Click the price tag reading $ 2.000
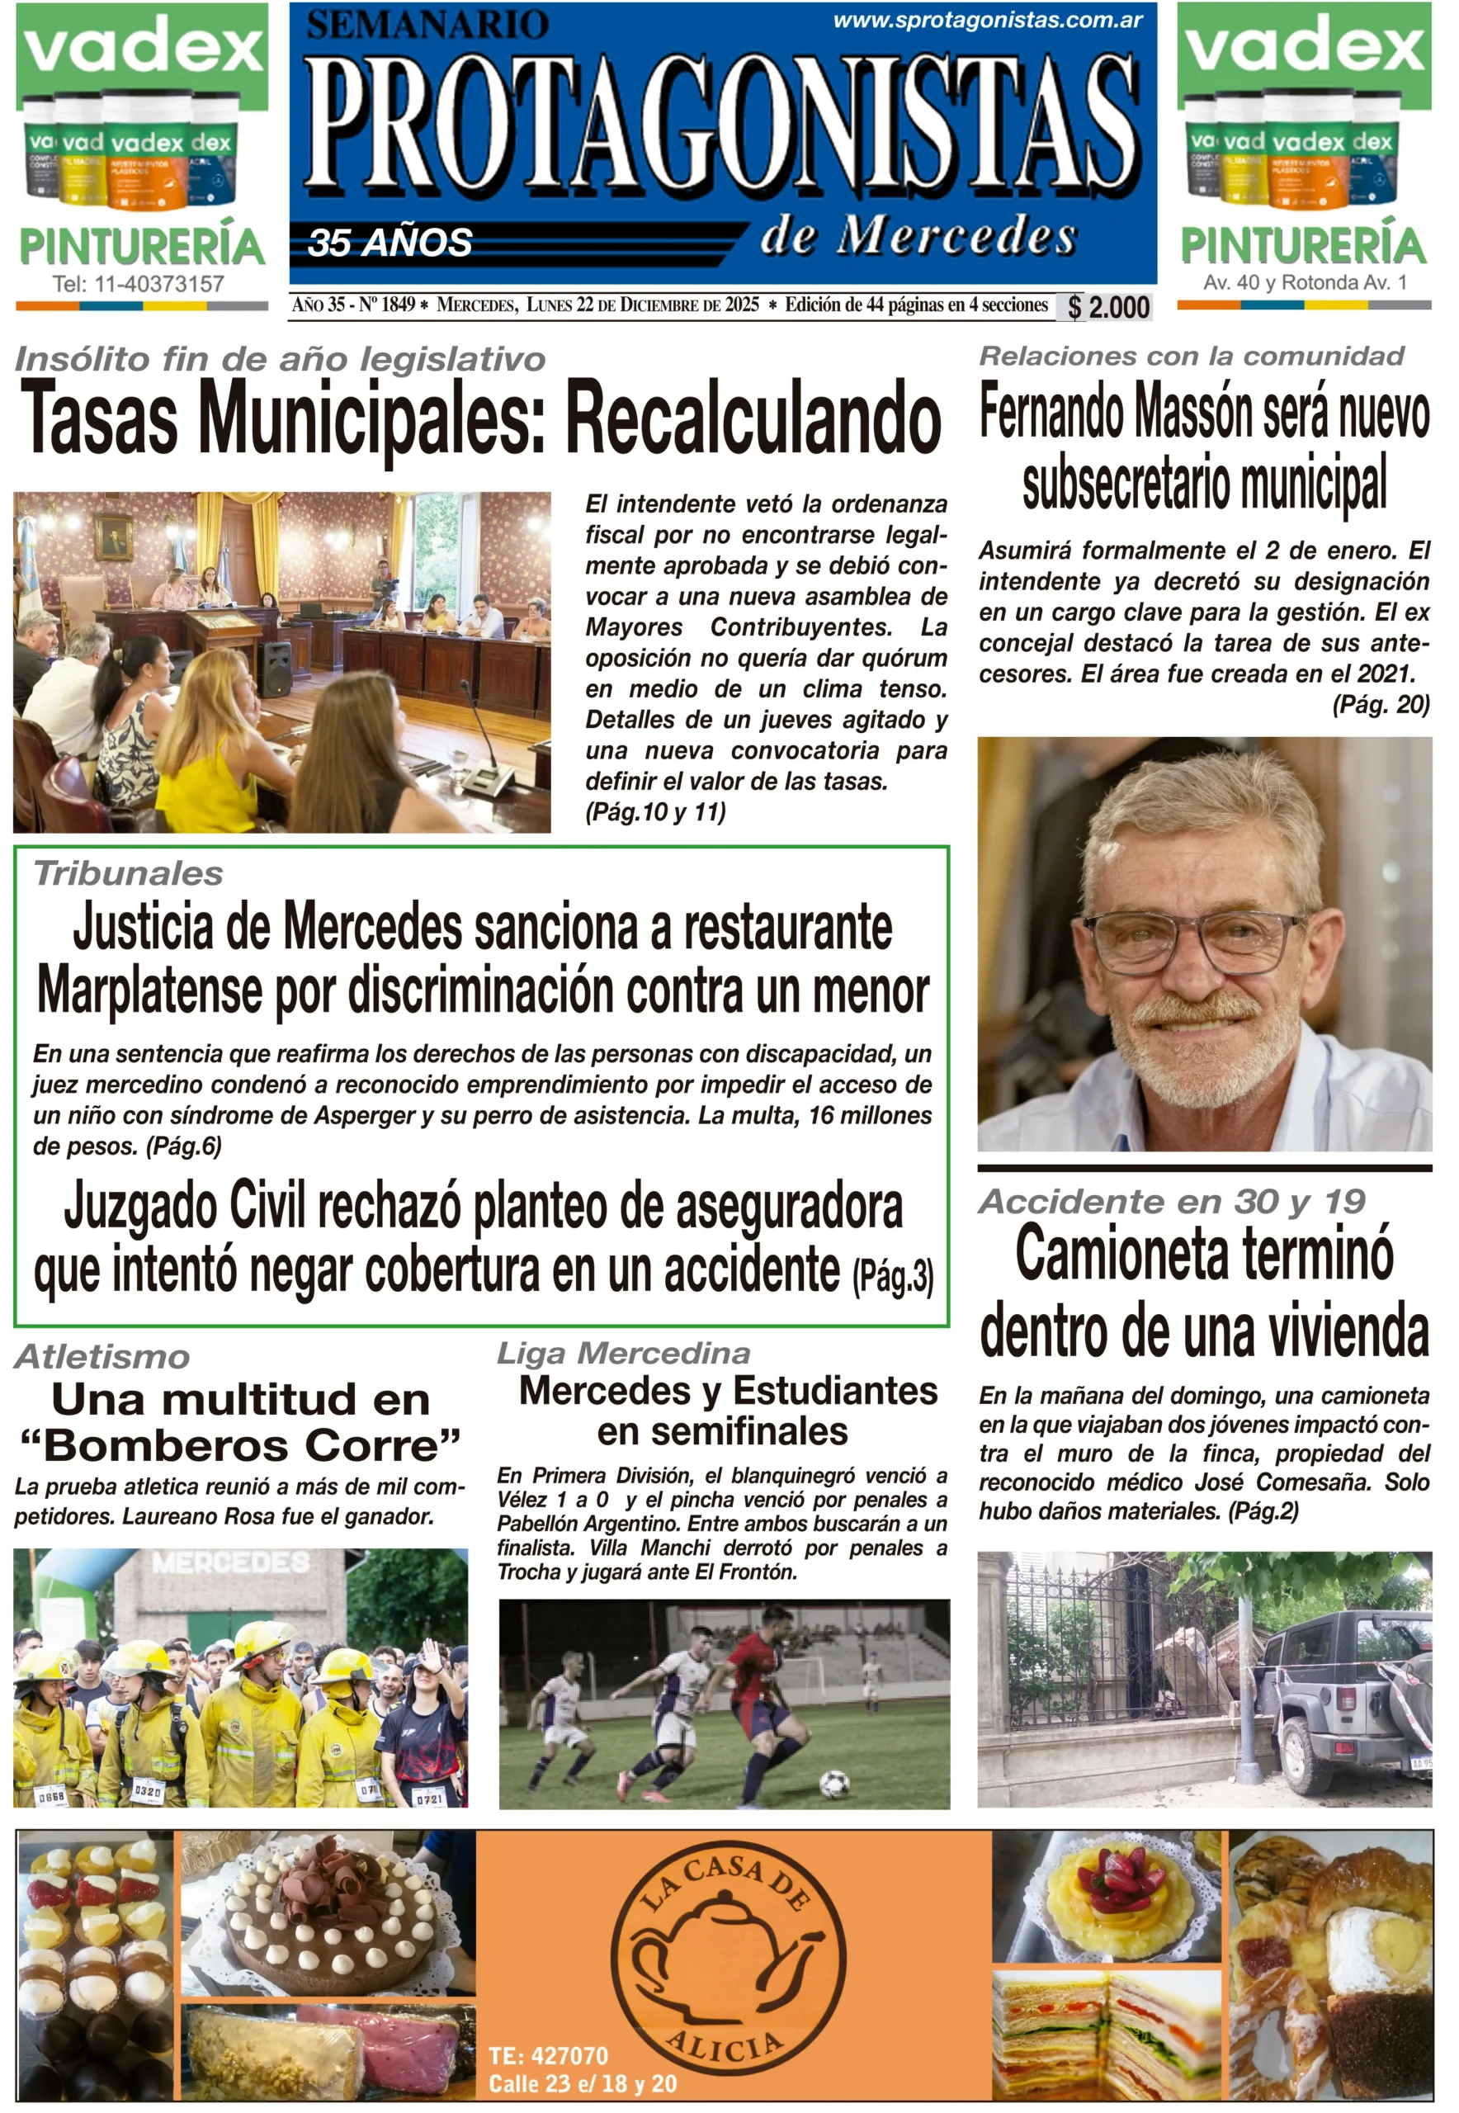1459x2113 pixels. pos(1107,307)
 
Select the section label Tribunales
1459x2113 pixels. pos(128,874)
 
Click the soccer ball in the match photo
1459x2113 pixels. pos(833,1783)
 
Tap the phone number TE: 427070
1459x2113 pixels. pos(549,2056)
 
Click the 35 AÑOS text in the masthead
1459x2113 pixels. pos(390,243)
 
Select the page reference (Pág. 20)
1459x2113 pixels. pos(1381,704)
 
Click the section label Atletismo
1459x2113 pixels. pos(102,1357)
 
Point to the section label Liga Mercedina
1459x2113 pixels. pos(623,1353)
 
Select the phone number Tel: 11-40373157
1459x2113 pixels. pos(138,285)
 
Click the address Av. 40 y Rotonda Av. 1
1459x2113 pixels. pos(1305,282)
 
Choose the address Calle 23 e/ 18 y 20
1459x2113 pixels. pos(583,2084)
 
